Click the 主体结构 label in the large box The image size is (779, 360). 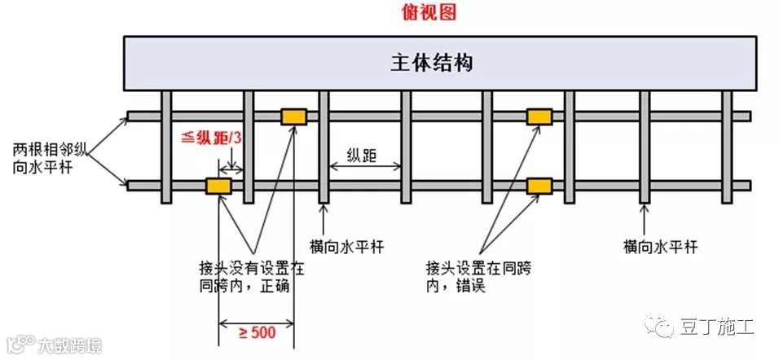438,63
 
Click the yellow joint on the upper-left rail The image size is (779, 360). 293,116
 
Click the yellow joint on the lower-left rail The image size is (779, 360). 218,187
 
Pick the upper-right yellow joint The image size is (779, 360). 539,116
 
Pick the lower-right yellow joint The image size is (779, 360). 539,187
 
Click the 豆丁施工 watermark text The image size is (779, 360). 717,327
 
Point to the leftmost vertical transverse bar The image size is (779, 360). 166,147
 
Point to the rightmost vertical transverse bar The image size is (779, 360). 726,147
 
